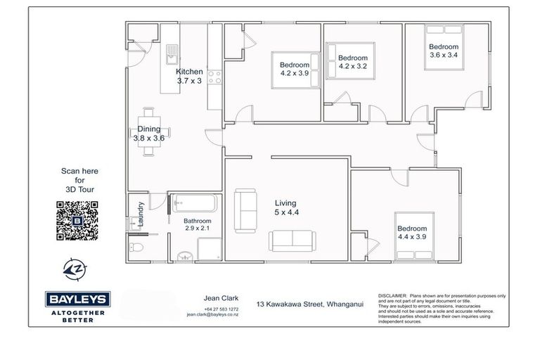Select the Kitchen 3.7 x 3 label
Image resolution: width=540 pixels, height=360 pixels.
click(x=189, y=76)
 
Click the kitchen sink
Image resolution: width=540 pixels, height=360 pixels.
click(x=170, y=52)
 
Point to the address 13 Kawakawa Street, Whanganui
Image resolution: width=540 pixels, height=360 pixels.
click(x=310, y=303)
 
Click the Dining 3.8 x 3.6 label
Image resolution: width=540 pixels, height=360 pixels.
click(x=148, y=134)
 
